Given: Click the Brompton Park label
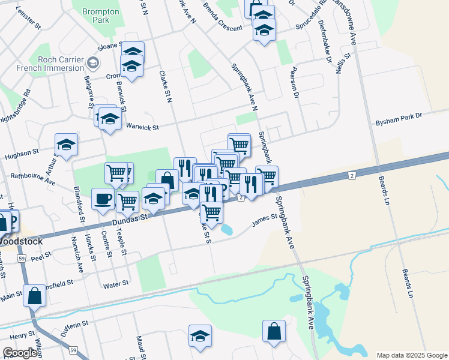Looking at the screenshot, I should click(x=101, y=16).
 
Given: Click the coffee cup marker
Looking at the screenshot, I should click(x=102, y=198).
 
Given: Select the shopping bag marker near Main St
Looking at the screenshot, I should click(x=35, y=295).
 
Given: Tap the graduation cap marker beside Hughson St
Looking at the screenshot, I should click(x=66, y=144).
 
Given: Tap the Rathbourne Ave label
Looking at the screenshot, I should click(x=33, y=178).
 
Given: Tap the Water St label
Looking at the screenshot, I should click(x=116, y=283).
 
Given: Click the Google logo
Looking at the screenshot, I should click(x=20, y=353).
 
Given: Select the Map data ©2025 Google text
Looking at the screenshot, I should click(x=411, y=355).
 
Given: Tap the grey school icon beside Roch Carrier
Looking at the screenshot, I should click(x=93, y=62).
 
